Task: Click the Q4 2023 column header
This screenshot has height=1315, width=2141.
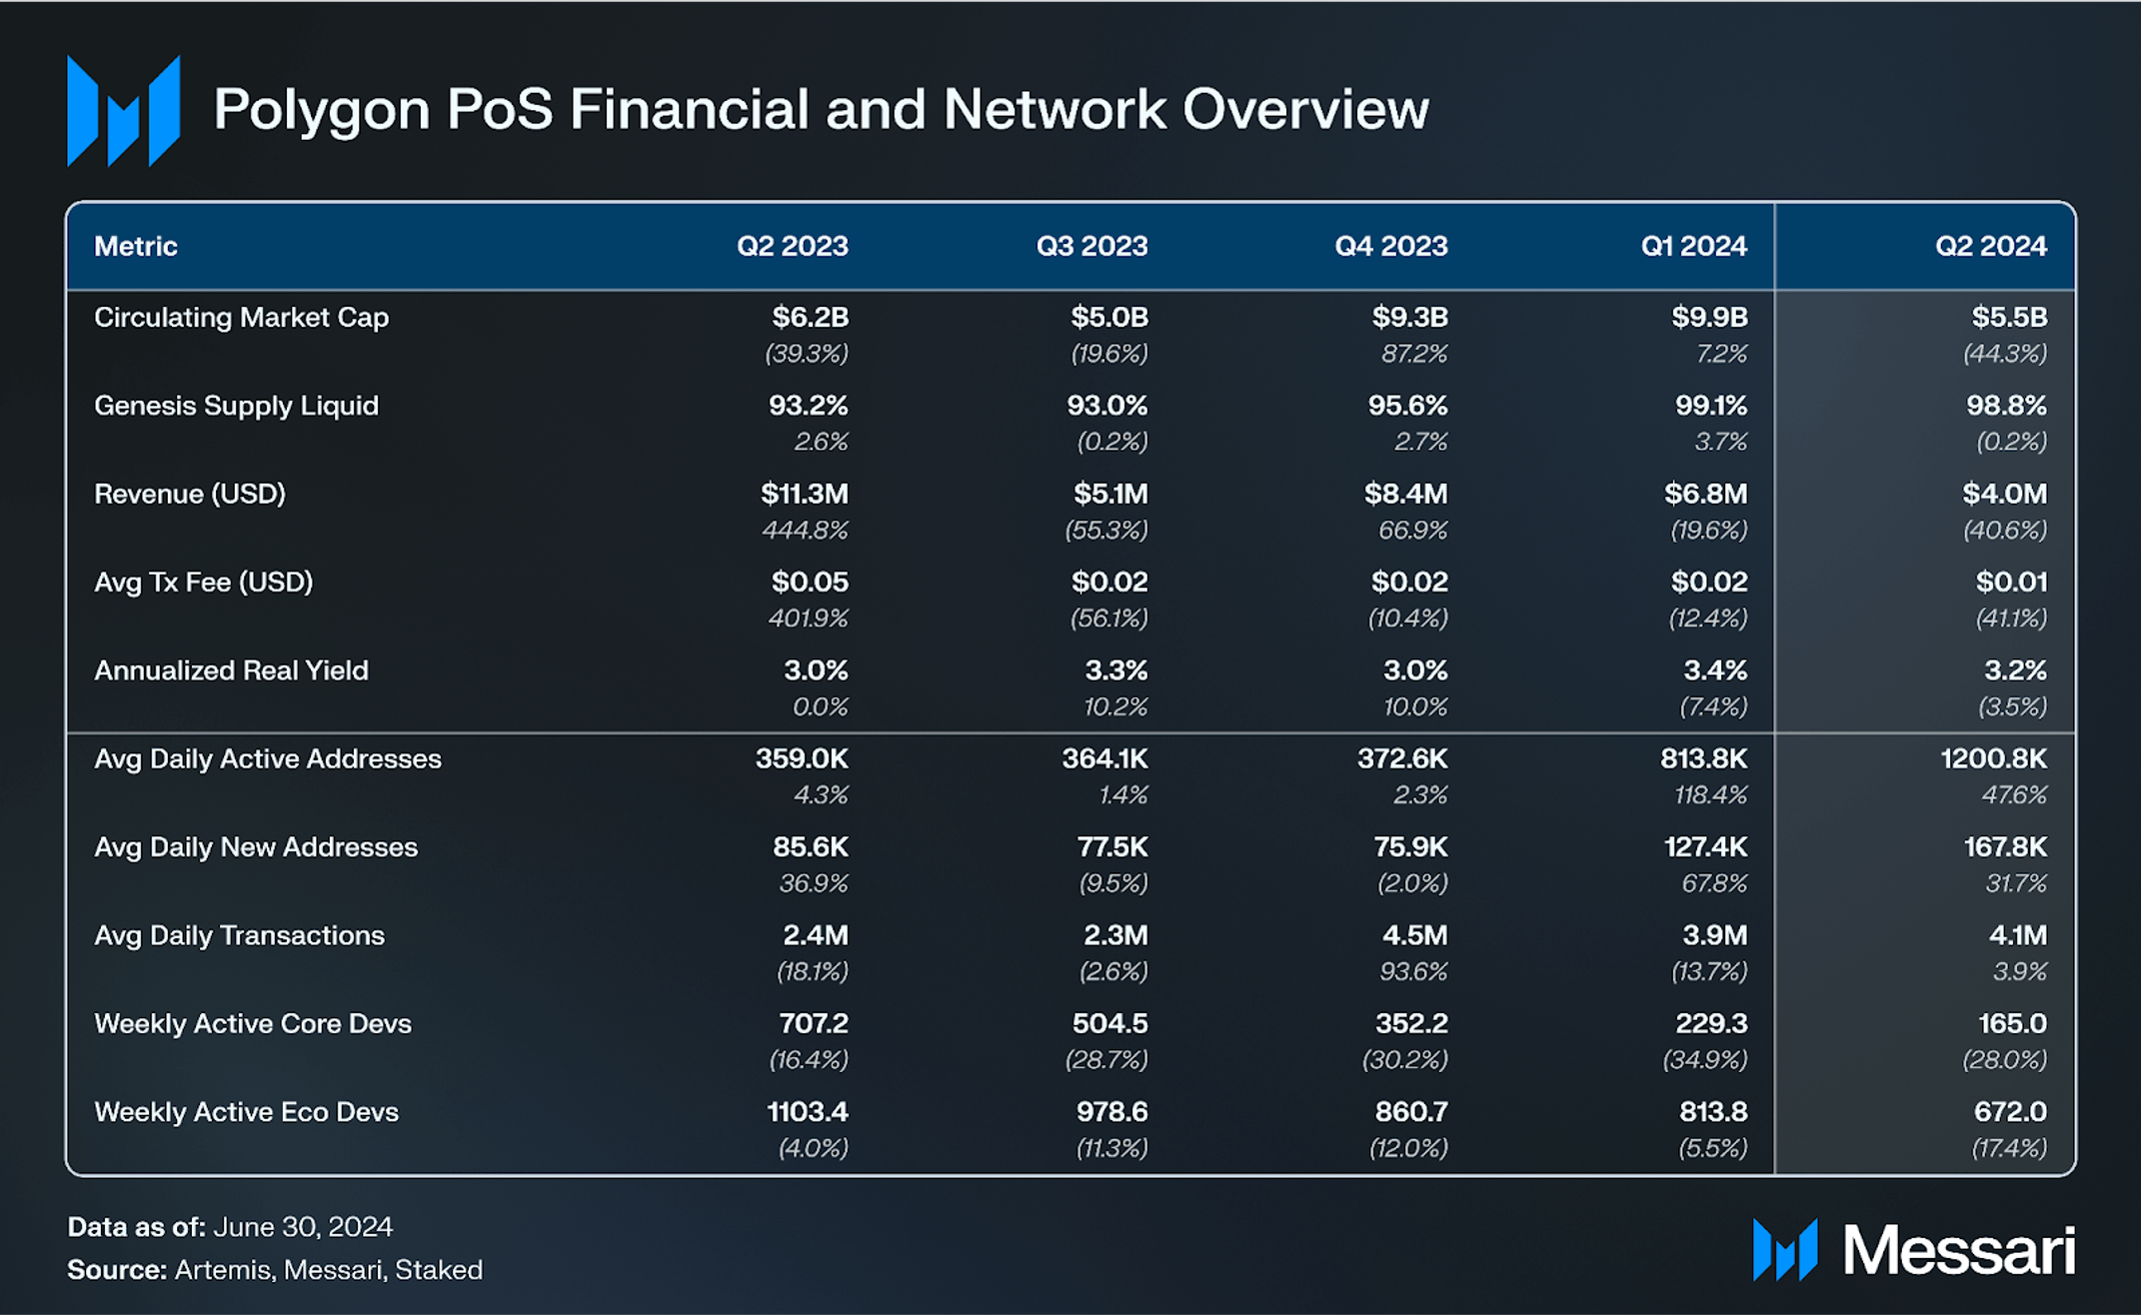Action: point(1390,246)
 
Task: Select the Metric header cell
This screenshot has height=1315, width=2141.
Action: point(136,246)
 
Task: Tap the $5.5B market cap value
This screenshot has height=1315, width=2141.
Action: point(2008,318)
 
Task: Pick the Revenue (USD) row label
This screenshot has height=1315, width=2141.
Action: point(190,494)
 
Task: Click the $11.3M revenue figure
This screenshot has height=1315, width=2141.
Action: point(804,494)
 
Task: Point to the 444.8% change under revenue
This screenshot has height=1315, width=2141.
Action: point(805,530)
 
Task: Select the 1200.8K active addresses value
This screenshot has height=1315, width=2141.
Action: point(1992,758)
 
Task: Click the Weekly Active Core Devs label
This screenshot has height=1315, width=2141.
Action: point(252,1023)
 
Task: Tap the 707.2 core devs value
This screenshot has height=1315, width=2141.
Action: point(813,1023)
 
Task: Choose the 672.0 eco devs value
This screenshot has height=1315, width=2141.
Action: point(2009,1111)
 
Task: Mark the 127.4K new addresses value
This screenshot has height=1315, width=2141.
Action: point(1704,847)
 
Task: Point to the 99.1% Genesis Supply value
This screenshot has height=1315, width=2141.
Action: point(1710,406)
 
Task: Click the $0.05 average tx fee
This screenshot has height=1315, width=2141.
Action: point(809,582)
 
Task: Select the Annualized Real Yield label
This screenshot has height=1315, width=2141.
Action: point(231,670)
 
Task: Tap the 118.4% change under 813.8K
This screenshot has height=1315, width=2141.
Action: point(1710,794)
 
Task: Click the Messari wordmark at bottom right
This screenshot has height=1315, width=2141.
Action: point(1958,1250)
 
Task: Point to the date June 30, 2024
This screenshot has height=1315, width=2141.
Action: point(302,1226)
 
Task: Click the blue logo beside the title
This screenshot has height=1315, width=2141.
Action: point(123,110)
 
